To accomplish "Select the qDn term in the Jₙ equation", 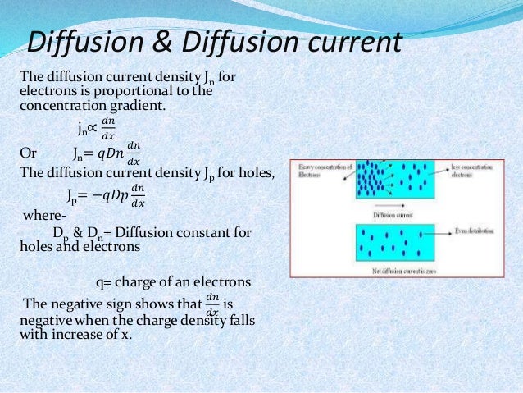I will [110, 153].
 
